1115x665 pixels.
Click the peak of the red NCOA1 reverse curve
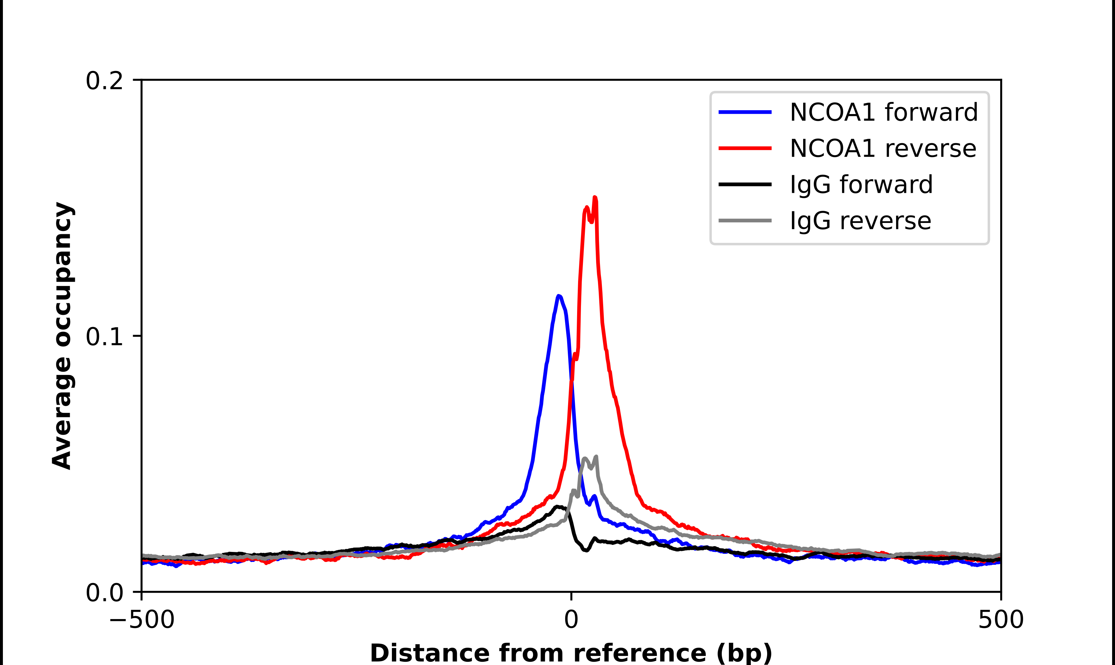click(x=595, y=198)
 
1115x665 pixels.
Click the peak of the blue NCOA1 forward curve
click(x=558, y=296)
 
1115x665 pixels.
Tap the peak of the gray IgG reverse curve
click(x=596, y=457)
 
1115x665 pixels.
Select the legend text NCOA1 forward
click(x=883, y=112)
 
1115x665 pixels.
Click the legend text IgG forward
click(x=861, y=185)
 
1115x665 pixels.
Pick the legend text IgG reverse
click(x=860, y=221)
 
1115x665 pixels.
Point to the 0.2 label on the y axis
click(x=104, y=81)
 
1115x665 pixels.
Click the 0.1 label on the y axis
click(x=104, y=337)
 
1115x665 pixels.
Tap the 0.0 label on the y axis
click(x=104, y=593)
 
